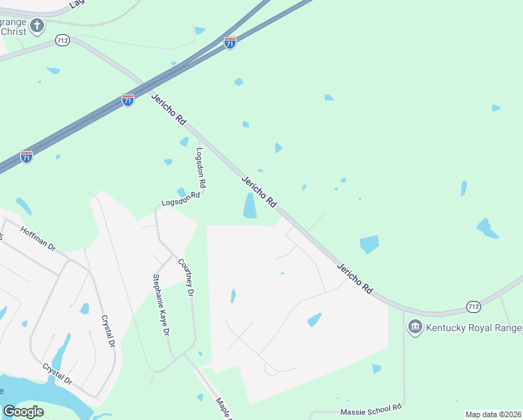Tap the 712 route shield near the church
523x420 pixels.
click(x=63, y=41)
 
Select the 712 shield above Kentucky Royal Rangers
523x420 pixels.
click(x=473, y=307)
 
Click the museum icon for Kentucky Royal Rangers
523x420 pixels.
click(x=415, y=327)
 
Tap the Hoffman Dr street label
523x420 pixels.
click(x=38, y=239)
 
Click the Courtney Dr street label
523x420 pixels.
click(x=185, y=277)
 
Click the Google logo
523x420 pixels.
click(x=23, y=412)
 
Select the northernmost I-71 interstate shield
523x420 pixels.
click(x=230, y=43)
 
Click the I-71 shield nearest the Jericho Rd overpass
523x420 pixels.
click(x=127, y=100)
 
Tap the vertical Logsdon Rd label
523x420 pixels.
click(x=201, y=167)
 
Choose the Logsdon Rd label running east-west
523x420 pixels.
click(x=180, y=199)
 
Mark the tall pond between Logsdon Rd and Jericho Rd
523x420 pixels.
click(x=250, y=205)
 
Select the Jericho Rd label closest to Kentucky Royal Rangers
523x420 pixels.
click(x=355, y=278)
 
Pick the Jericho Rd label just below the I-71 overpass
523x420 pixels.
click(x=169, y=109)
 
